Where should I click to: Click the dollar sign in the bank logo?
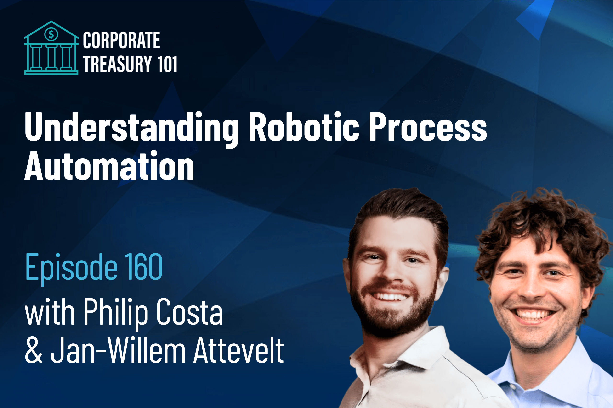tap(51, 34)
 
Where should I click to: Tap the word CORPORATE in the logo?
tap(121, 40)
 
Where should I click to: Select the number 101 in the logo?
tap(167, 64)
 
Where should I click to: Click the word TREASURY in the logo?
tap(118, 64)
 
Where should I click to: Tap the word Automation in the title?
tap(109, 166)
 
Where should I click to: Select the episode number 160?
tap(143, 267)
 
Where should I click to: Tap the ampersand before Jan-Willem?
tap(33, 350)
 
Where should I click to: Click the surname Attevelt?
tap(238, 350)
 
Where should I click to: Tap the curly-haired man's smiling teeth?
tap(533, 314)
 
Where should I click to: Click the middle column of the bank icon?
tap(51, 57)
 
